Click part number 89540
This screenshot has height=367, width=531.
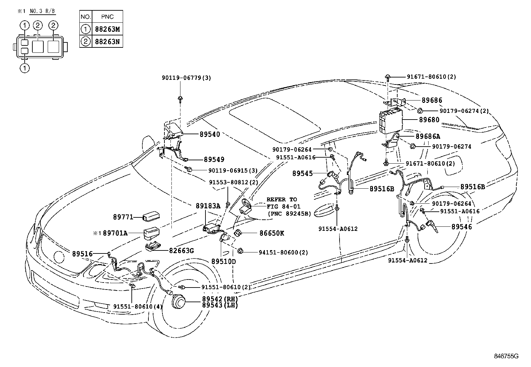(210, 134)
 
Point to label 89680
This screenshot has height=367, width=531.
(430, 120)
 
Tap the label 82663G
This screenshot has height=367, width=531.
(182, 250)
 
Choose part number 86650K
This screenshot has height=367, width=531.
(272, 233)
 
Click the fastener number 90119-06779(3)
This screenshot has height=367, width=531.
(186, 78)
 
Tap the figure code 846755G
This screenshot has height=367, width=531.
(506, 356)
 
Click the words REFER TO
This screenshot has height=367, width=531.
(282, 199)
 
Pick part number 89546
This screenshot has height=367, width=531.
(462, 227)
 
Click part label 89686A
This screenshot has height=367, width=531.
(428, 136)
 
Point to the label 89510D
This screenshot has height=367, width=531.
(223, 261)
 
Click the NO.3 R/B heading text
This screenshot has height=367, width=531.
(42, 11)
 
